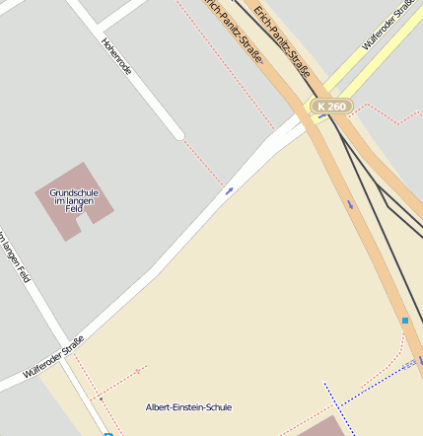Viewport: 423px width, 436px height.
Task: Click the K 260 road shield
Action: coord(330,107)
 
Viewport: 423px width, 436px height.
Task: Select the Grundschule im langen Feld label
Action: coord(73,200)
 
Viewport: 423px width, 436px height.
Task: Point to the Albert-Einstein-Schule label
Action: coord(188,407)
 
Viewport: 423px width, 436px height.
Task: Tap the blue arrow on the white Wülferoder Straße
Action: coord(229,190)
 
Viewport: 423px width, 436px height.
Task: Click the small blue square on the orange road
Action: coord(404,321)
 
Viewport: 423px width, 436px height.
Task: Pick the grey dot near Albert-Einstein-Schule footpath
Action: coord(100,399)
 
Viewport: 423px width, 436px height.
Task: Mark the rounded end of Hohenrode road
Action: coord(178,135)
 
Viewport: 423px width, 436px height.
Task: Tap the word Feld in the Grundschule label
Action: coord(73,210)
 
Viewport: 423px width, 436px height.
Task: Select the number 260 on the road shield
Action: coord(336,107)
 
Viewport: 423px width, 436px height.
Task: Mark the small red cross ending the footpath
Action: coord(137,370)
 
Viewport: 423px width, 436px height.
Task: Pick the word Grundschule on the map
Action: coord(73,192)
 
